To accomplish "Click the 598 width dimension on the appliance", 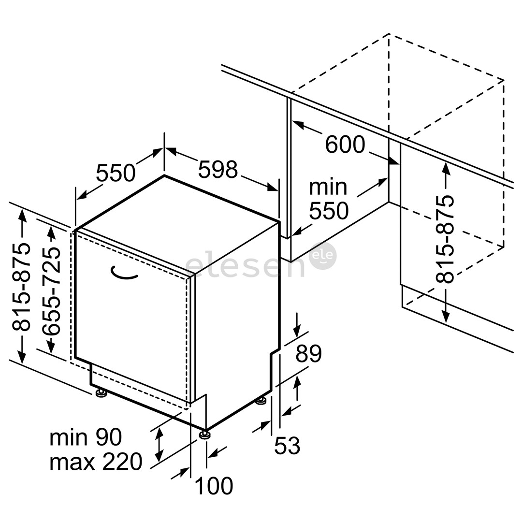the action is coord(217,169).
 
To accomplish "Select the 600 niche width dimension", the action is coord(345,145).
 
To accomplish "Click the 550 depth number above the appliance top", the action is coord(116,173).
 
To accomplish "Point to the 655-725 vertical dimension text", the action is coord(51,291).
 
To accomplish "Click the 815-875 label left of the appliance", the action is coord(21,287).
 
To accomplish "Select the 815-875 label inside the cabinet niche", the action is coord(445,239).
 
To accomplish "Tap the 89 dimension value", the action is coord(308,353).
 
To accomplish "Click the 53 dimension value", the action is coord(287,446).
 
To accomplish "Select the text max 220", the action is coord(96,461).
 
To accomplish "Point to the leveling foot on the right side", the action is coord(261,400).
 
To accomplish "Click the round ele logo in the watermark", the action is coord(323,256).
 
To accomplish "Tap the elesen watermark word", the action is coord(245,264).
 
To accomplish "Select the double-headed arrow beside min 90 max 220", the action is coord(159,445).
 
